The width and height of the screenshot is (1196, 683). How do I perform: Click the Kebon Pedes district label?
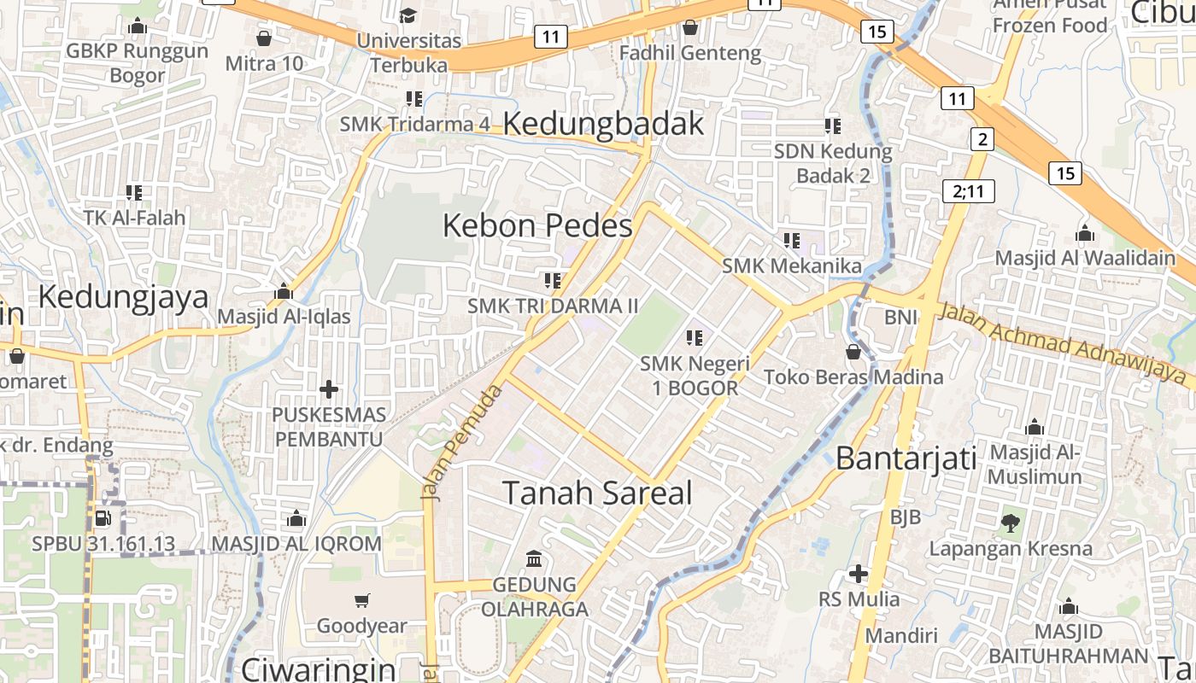537,226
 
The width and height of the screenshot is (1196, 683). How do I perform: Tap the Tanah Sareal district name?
597,493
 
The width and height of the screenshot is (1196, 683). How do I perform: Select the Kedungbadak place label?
603,124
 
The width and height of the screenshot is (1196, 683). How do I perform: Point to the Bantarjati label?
906,458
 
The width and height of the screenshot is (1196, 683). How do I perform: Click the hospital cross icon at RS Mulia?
859,575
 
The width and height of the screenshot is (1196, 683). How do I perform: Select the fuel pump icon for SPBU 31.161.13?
103,518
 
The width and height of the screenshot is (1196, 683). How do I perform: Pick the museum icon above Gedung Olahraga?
535,559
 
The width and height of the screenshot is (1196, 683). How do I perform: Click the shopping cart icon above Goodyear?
362,600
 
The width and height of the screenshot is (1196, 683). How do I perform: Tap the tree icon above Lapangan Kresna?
1011,522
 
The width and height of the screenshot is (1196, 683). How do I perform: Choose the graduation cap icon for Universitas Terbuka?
408,15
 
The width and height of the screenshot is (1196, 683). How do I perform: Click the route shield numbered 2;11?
968,190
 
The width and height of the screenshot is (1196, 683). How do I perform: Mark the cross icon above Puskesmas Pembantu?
328,389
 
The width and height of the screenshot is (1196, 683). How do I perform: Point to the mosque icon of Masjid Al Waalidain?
1085,233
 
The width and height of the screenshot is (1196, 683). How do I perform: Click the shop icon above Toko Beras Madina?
853,351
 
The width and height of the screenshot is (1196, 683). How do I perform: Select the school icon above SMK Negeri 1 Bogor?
695,338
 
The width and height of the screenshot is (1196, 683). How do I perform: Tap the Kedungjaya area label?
123,297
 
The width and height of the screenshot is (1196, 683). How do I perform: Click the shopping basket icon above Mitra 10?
264,38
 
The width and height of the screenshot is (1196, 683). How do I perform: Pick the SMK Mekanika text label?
792,266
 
